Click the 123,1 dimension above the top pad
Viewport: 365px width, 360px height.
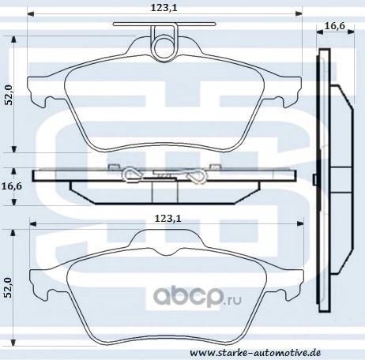click(x=164, y=8)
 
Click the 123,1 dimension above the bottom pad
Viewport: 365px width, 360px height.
click(x=167, y=219)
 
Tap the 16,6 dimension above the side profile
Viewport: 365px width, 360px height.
click(x=334, y=26)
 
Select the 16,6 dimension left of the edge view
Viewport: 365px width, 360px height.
click(x=12, y=186)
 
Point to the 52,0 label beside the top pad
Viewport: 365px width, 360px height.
click(x=9, y=95)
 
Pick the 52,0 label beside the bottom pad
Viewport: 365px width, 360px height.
click(x=9, y=287)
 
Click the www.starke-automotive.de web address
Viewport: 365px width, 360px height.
click(x=255, y=352)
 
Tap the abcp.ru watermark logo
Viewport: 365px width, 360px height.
click(x=198, y=297)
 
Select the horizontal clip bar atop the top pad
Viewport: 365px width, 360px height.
click(x=164, y=24)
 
